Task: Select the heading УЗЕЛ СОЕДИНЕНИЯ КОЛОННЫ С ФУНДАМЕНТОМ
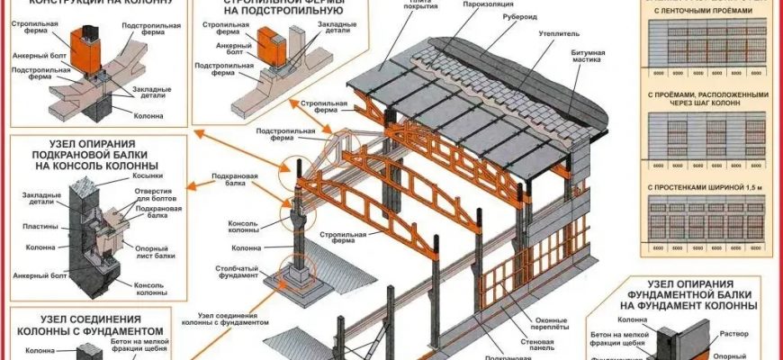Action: pyautogui.click(x=95, y=324)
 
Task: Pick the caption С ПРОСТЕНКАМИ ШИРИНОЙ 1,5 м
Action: pyautogui.click(x=709, y=188)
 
